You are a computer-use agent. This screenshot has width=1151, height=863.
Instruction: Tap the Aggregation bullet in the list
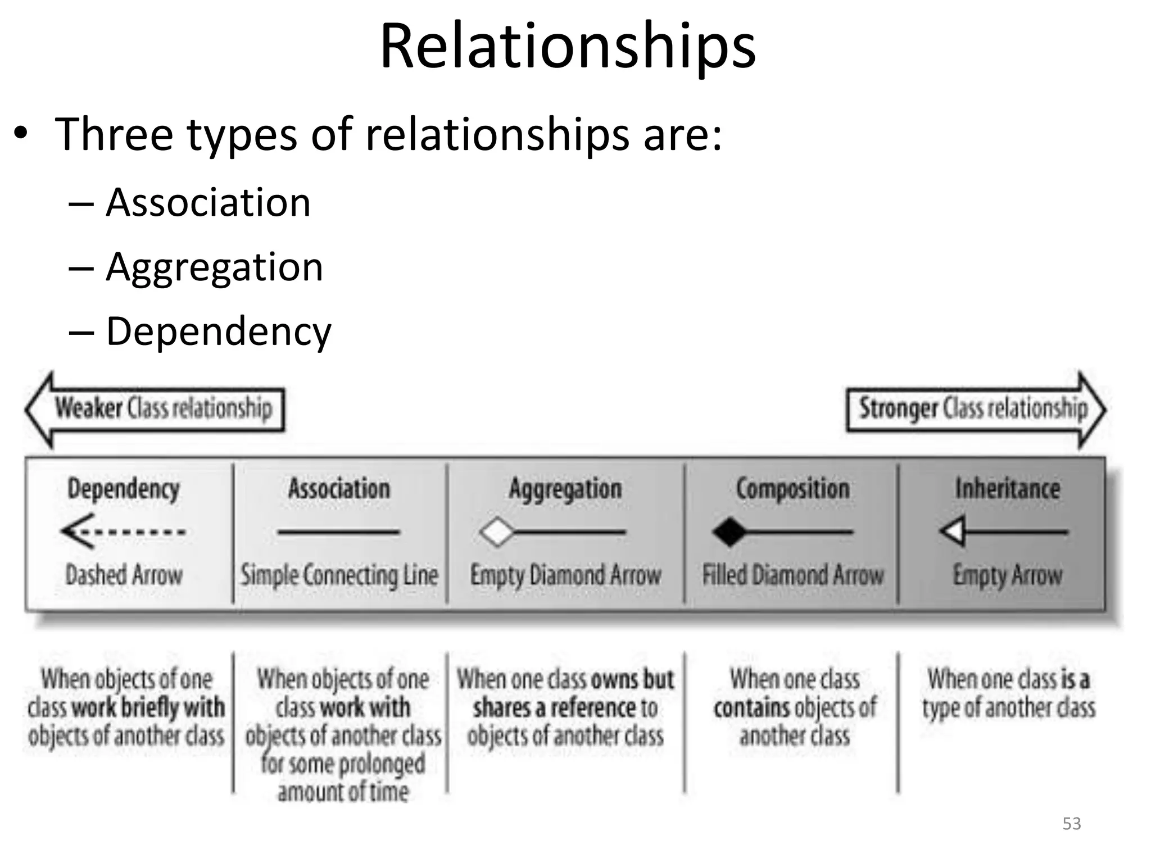pyautogui.click(x=214, y=267)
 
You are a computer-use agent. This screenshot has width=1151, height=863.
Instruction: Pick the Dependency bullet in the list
pyautogui.click(x=219, y=331)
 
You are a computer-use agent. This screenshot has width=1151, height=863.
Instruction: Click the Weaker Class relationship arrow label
pyautogui.click(x=163, y=408)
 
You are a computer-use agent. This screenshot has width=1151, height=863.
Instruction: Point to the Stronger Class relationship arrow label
pyautogui.click(x=973, y=408)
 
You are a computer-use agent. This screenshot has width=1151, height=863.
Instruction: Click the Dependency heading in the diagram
pyautogui.click(x=124, y=489)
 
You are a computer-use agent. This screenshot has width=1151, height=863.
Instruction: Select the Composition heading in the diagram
pyautogui.click(x=792, y=489)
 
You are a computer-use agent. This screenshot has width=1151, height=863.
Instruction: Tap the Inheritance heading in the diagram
pyautogui.click(x=1008, y=489)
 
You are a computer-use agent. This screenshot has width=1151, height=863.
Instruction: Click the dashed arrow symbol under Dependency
pyautogui.click(x=124, y=532)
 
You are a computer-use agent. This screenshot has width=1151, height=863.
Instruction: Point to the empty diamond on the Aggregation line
pyautogui.click(x=497, y=532)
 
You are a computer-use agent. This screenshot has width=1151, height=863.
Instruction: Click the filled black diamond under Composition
pyautogui.click(x=729, y=532)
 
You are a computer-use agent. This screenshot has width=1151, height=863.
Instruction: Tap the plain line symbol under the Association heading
pyautogui.click(x=338, y=532)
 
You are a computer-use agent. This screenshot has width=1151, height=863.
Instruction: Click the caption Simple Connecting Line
pyautogui.click(x=339, y=575)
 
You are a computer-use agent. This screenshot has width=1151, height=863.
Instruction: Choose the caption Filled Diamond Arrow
pyautogui.click(x=793, y=575)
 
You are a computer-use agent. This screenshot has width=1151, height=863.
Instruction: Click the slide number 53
pyautogui.click(x=1072, y=824)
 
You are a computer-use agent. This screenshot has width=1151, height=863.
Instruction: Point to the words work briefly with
pyautogui.click(x=149, y=708)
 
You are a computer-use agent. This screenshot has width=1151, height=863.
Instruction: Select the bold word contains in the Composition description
pyautogui.click(x=747, y=708)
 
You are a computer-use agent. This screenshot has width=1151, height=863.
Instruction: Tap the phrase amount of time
pyautogui.click(x=343, y=792)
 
